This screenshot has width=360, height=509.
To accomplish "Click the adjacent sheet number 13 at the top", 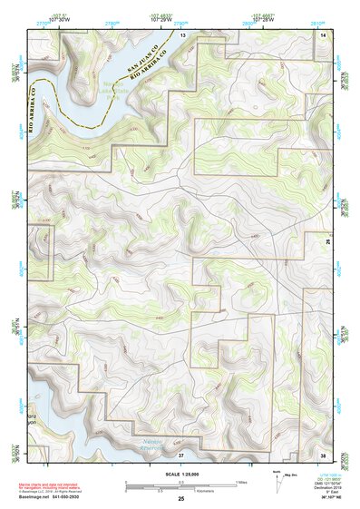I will point(182,34).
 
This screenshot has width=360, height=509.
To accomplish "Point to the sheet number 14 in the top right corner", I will point(323,34).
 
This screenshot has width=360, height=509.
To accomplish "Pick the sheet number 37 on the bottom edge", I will point(180,454).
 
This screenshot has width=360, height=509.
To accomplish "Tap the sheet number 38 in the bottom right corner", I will point(323,454).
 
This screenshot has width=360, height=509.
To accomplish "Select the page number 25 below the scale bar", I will point(181,498).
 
